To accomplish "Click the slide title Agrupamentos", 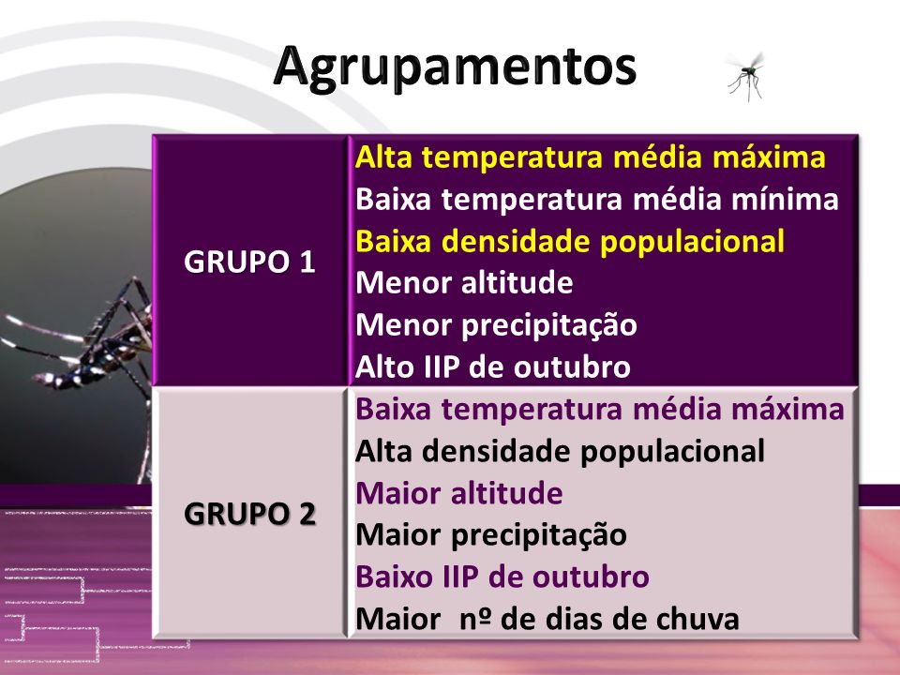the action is click(455, 67).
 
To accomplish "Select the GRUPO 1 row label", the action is click(249, 262).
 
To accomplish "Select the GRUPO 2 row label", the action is click(249, 513).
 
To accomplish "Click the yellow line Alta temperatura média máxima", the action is click(590, 157).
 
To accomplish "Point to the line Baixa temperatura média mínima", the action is click(597, 199).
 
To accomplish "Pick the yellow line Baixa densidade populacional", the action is click(570, 241).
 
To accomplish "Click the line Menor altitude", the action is click(464, 283).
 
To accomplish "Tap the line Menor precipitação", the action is click(496, 325).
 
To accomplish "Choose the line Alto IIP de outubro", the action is click(492, 367).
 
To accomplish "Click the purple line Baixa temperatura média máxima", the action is click(600, 410).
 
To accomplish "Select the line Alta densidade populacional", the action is click(560, 451).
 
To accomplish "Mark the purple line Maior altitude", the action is click(459, 493).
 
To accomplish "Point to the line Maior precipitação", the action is click(490, 535).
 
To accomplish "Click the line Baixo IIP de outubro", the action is click(502, 577).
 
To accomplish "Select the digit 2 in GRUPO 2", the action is click(307, 514).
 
